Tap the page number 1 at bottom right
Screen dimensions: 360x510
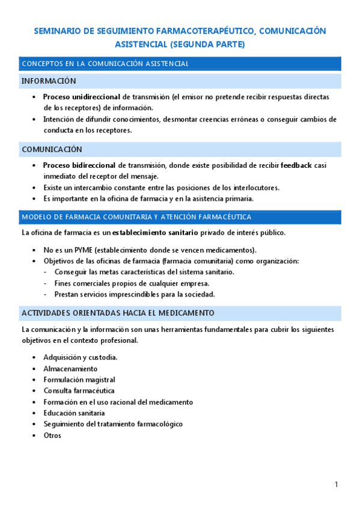337,485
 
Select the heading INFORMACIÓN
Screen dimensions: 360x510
49,81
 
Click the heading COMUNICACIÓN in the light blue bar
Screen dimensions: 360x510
52,149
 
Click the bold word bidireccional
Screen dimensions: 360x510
94,165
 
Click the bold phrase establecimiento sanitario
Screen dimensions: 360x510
155,233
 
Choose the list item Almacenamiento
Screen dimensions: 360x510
70,369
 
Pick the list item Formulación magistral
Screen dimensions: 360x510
79,380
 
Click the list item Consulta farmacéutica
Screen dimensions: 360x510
79,391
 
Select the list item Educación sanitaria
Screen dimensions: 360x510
74,413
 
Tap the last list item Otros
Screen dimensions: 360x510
52,435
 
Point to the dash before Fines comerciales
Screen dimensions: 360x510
46,283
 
